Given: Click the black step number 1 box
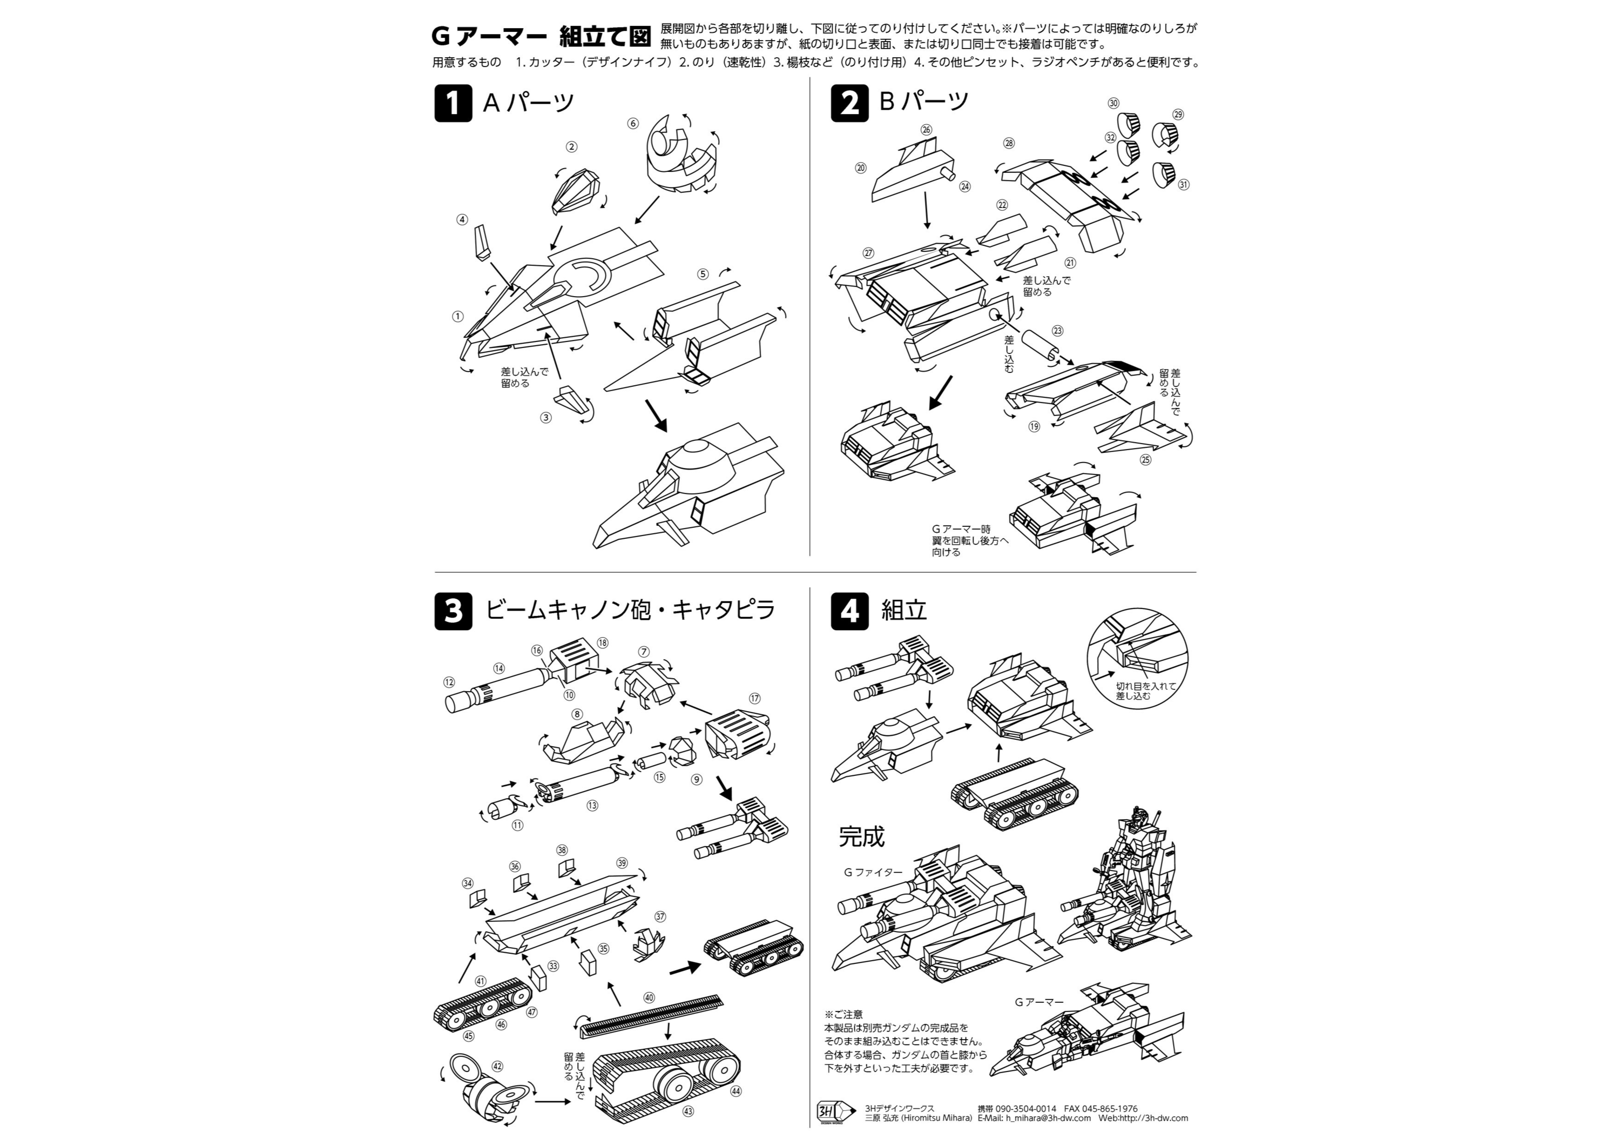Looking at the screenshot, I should click(x=453, y=103).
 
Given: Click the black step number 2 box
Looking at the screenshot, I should click(x=849, y=103).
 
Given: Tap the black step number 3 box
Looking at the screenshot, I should click(x=453, y=611).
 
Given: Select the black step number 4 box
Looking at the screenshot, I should click(x=849, y=611).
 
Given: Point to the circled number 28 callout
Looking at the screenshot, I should click(x=1009, y=143).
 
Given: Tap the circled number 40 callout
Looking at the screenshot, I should click(x=649, y=997).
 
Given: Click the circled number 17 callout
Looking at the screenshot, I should click(x=755, y=698).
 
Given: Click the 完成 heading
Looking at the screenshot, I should click(x=861, y=836).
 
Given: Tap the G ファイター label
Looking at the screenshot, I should click(x=873, y=872).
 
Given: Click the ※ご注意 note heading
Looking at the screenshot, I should click(x=842, y=1014).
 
